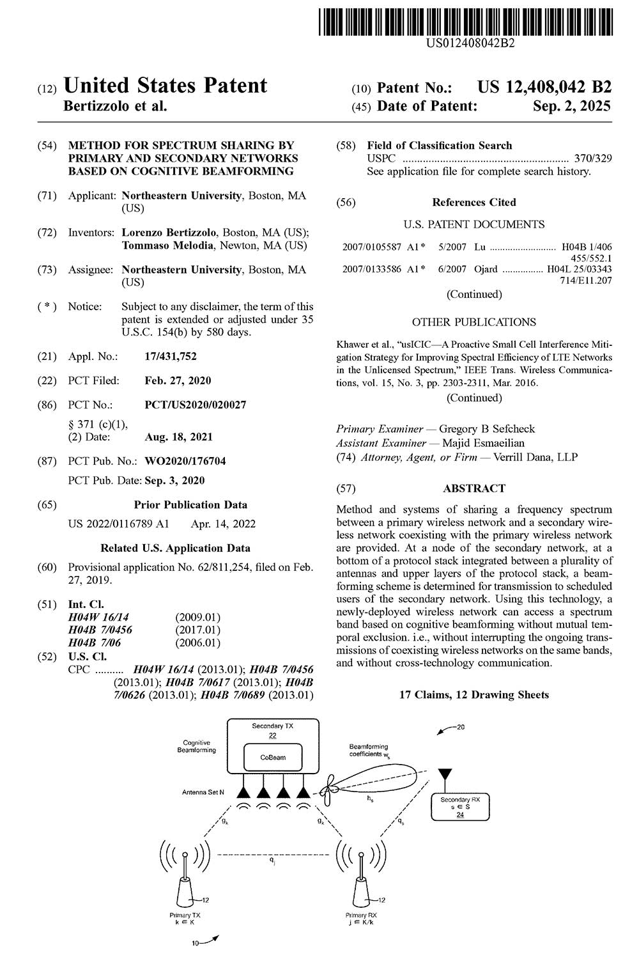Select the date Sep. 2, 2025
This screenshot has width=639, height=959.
click(571, 106)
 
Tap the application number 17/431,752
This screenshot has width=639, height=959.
click(171, 356)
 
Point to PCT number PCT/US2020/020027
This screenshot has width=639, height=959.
click(195, 405)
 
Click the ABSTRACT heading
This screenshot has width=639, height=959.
click(473, 488)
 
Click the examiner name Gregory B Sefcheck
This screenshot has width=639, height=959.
click(487, 429)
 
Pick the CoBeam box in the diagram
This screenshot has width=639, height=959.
click(273, 758)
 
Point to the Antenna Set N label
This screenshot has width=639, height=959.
click(203, 793)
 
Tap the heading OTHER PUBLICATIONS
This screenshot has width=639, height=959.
click(473, 322)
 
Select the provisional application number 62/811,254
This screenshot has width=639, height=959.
click(219, 567)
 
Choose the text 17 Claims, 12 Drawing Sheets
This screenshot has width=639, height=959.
click(473, 695)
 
